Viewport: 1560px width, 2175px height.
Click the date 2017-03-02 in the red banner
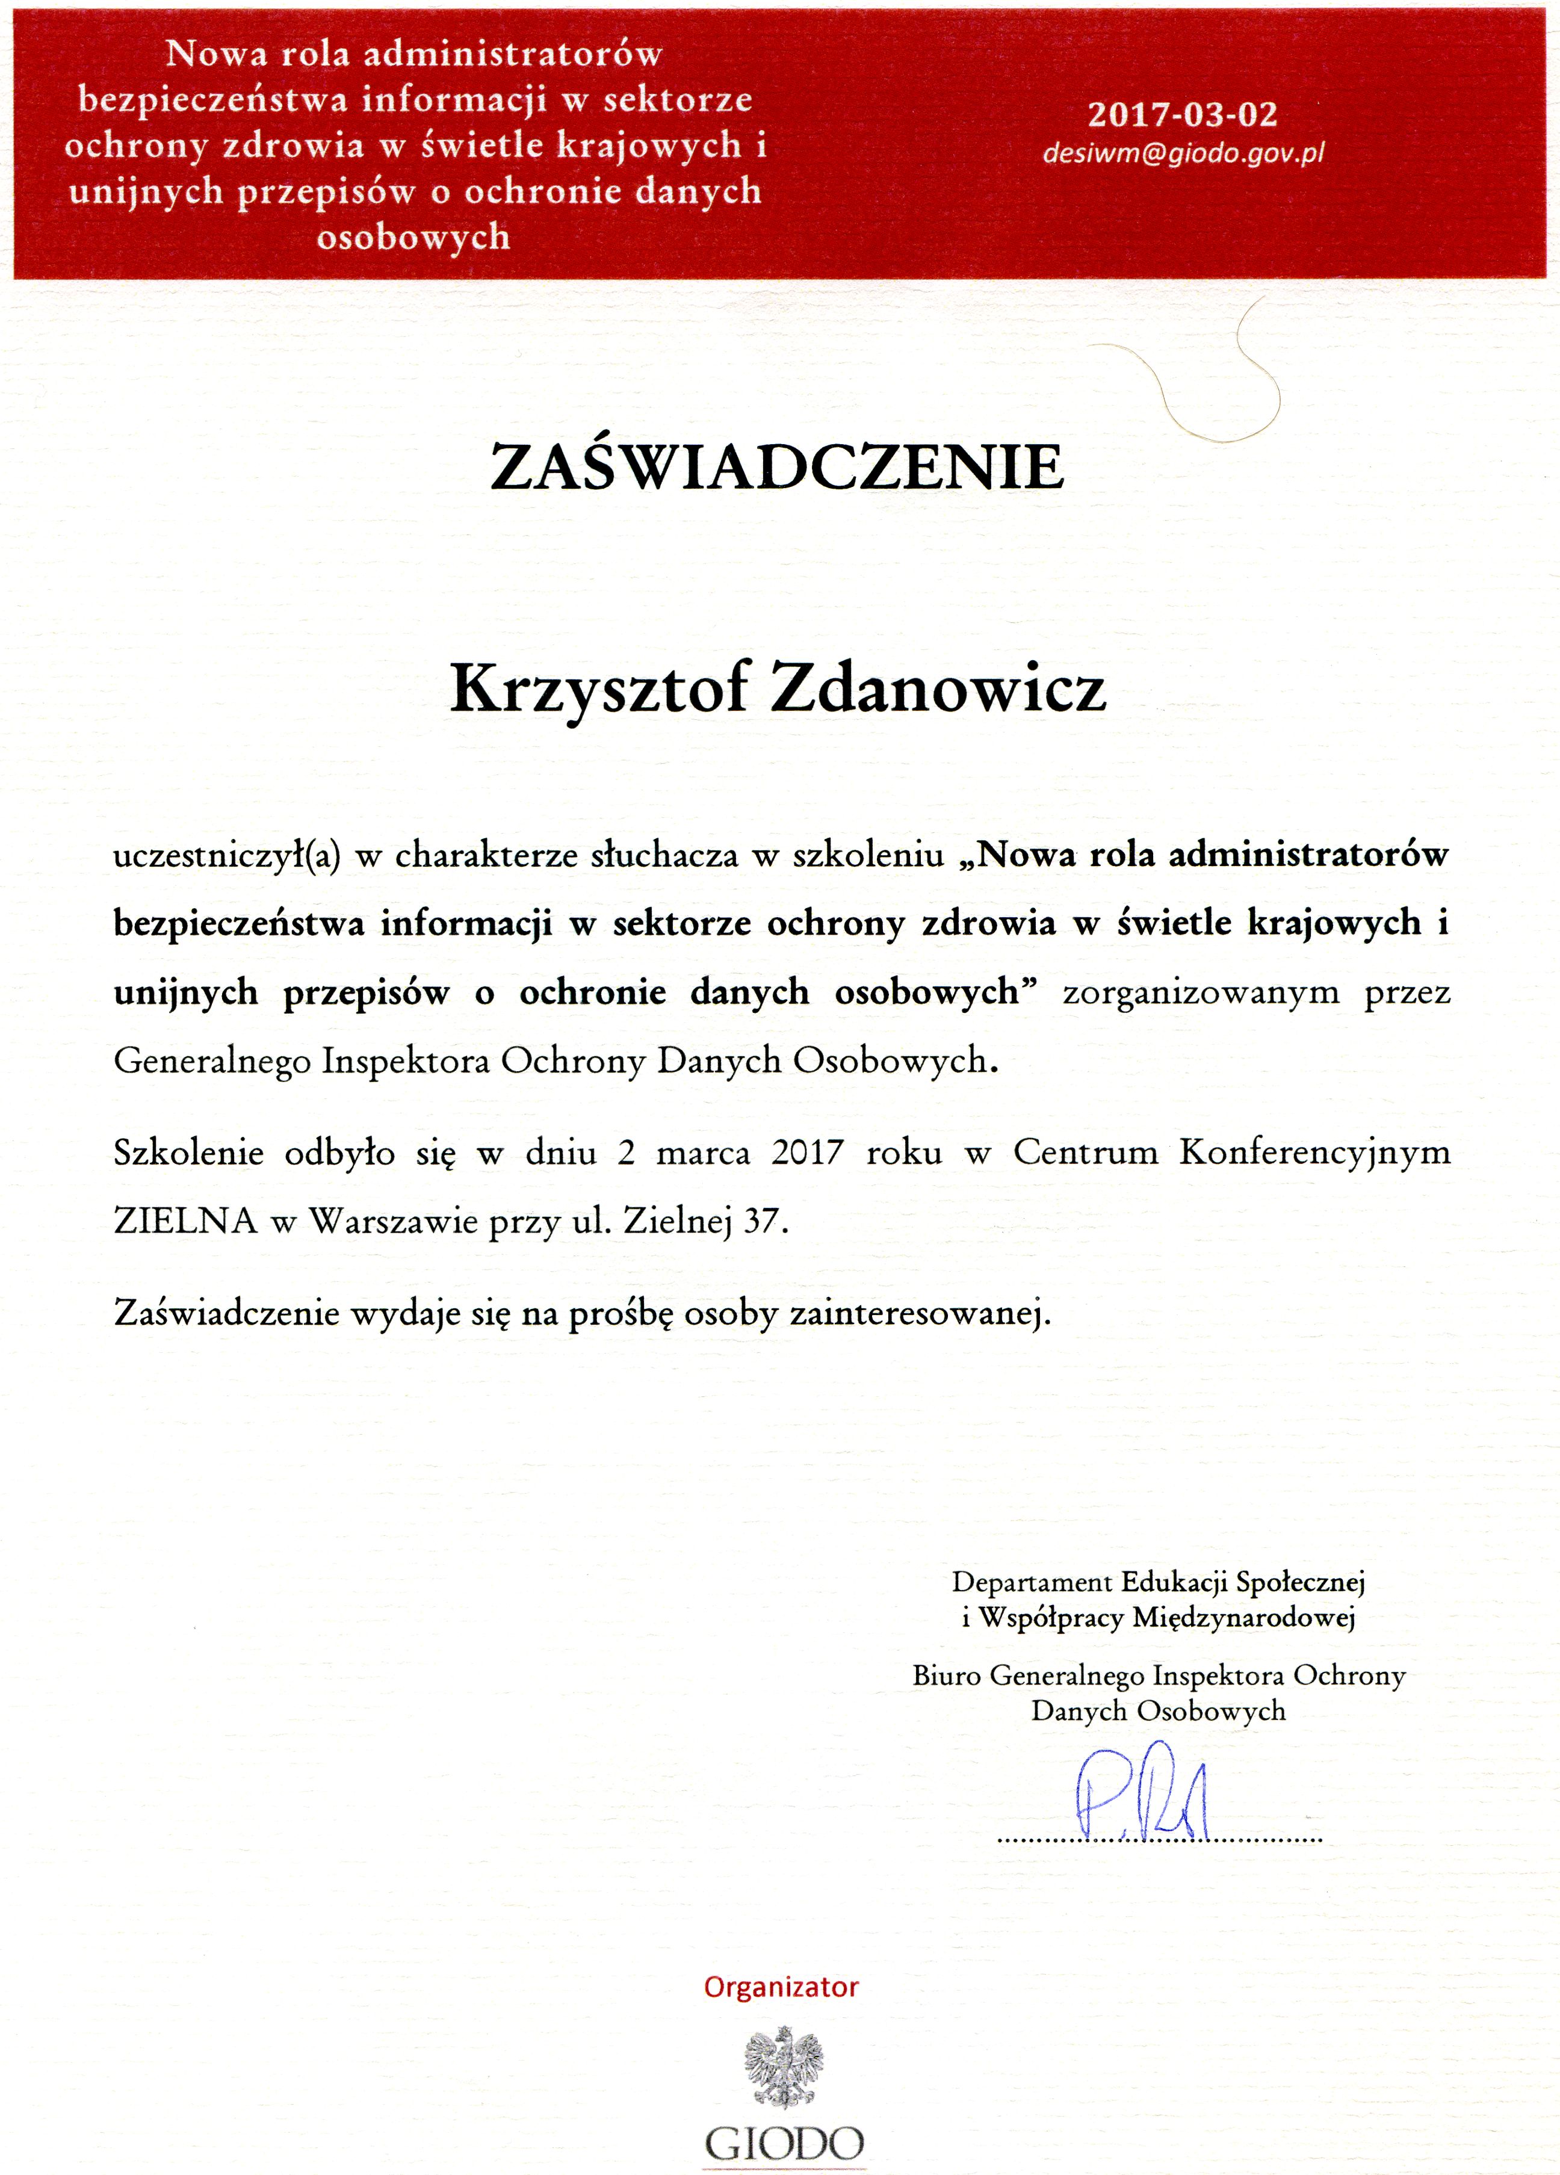click(1181, 115)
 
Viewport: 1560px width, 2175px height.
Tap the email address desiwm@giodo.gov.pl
click(1183, 153)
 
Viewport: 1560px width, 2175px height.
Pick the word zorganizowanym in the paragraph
click(1201, 992)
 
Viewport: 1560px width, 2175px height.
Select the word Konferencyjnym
click(1314, 1152)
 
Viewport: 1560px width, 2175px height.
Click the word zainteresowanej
click(920, 1312)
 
